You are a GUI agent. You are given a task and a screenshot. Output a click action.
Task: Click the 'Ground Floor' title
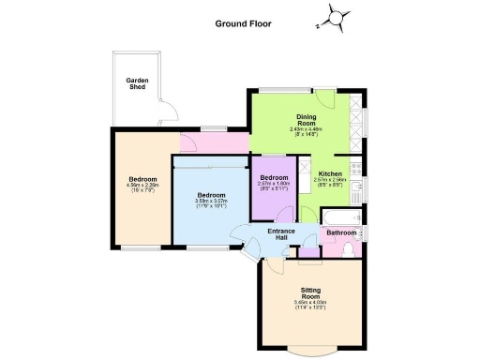click(x=244, y=23)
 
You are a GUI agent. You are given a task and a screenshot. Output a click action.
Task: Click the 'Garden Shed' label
click(x=138, y=84)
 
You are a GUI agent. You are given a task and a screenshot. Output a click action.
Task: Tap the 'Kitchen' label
click(x=330, y=173)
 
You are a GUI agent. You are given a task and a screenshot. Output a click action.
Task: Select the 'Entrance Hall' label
click(x=282, y=234)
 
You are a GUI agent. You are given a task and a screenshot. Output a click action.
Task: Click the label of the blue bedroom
click(x=211, y=195)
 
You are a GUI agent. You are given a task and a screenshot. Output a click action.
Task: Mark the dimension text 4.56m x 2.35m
click(x=142, y=187)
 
